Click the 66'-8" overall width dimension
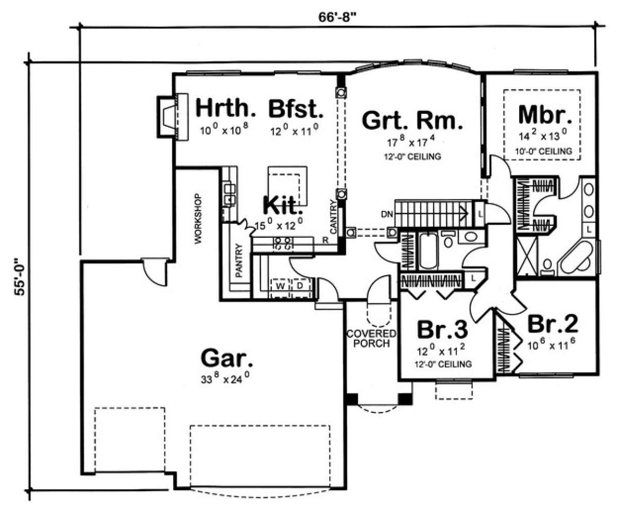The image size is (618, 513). click(336, 17)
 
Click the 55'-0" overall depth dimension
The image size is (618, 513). click(20, 277)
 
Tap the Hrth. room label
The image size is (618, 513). click(226, 108)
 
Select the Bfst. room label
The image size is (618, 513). click(296, 109)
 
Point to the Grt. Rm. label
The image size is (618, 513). click(413, 120)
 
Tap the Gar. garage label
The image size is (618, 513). click(227, 358)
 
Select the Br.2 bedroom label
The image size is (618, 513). click(552, 324)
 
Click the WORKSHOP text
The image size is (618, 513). click(198, 219)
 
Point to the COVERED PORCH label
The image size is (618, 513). click(371, 338)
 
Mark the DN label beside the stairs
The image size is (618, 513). click(387, 214)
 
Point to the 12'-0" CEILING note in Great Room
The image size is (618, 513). click(413, 157)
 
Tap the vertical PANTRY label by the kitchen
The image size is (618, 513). click(238, 260)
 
